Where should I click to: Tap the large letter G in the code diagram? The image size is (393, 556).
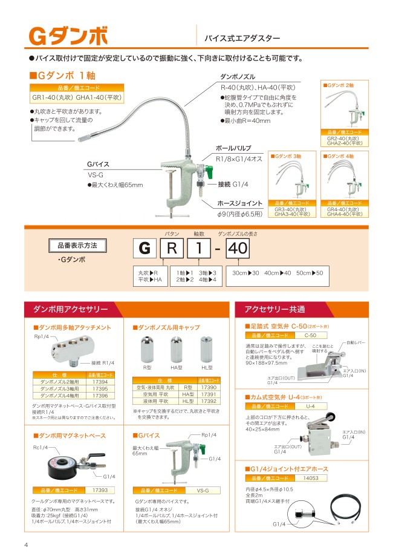[144, 249]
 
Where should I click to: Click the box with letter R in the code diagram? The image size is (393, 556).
[172, 249]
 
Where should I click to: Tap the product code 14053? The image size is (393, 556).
[310, 477]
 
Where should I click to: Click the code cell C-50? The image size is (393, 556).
[310, 335]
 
